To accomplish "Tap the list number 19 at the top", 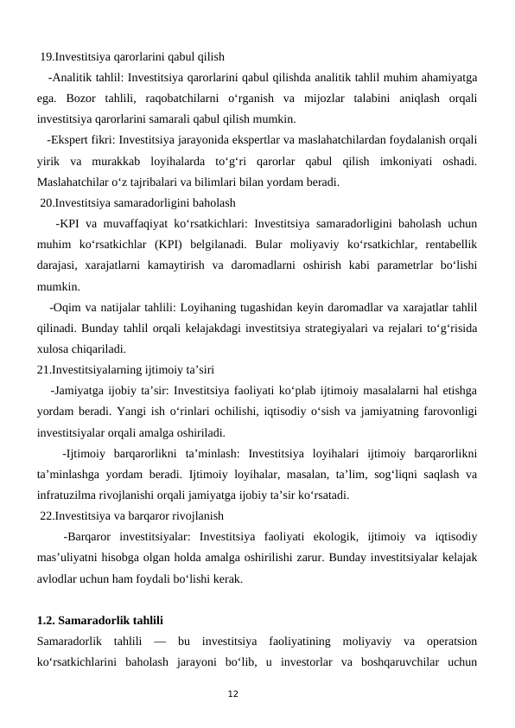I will click(47, 57).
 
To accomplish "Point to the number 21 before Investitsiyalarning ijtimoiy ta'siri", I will click(44, 369).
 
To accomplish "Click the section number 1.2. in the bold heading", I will click(50, 620).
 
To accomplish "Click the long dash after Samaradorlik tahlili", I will click(159, 641).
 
